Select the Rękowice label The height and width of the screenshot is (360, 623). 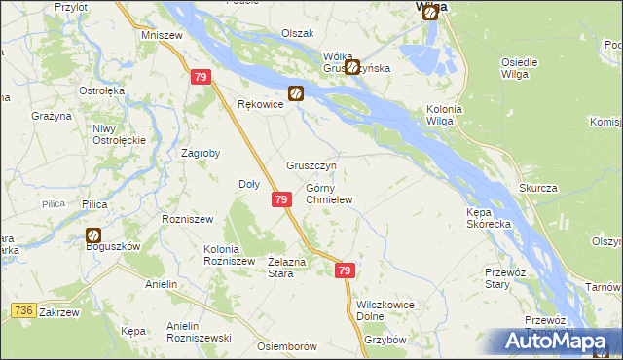pos(260,104)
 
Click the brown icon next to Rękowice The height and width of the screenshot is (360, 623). pos(295,94)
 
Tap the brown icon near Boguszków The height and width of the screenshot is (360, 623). pos(94,234)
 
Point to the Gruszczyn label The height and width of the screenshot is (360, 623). pos(311,165)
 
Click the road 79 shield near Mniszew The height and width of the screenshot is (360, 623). pos(201,77)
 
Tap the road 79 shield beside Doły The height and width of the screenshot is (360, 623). pos(280,198)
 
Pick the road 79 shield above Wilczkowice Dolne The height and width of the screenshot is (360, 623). pos(346,271)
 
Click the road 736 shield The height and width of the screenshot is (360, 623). pos(26,309)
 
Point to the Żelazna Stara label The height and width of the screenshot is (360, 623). pos(288,268)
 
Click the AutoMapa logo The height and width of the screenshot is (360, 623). pos(556,342)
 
